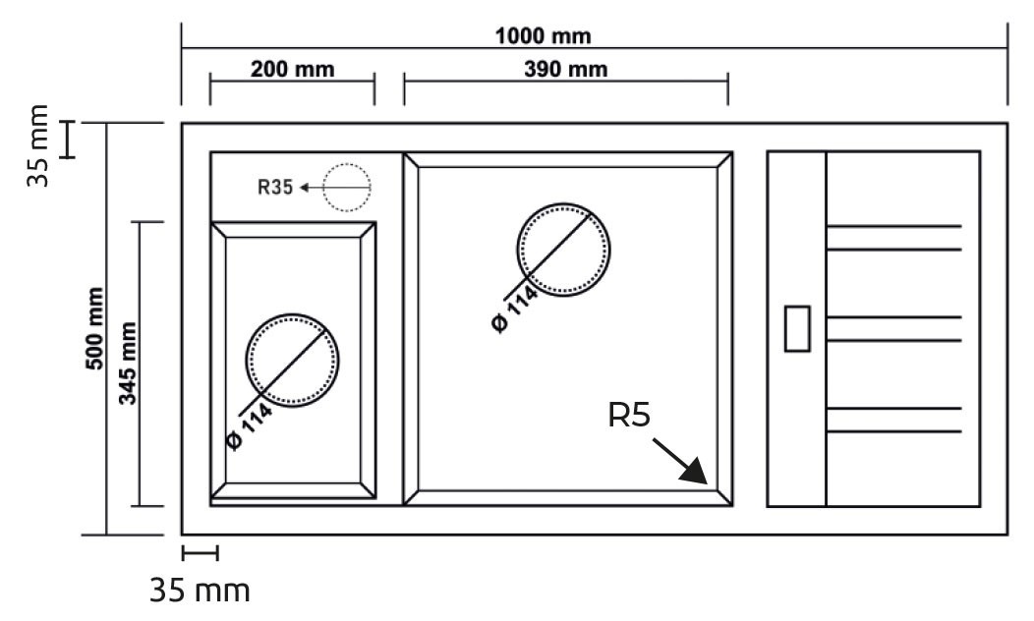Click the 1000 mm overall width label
pyautogui.click(x=543, y=35)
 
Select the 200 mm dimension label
pyautogui.click(x=292, y=69)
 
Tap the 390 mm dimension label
pyautogui.click(x=566, y=69)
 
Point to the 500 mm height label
pyautogui.click(x=95, y=328)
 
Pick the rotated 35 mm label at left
pyautogui.click(x=37, y=145)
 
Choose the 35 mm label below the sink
pyautogui.click(x=200, y=591)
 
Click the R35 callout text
pyautogui.click(x=275, y=188)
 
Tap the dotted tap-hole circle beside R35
pyautogui.click(x=347, y=164)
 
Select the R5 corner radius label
pyautogui.click(x=629, y=416)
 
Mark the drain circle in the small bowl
pyautogui.click(x=292, y=314)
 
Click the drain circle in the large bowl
pyautogui.click(x=563, y=203)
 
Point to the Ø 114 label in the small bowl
pyautogui.click(x=250, y=425)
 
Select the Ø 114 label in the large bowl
pyautogui.click(x=516, y=310)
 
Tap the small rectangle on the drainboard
pyautogui.click(x=797, y=328)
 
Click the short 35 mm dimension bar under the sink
pyautogui.click(x=200, y=553)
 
